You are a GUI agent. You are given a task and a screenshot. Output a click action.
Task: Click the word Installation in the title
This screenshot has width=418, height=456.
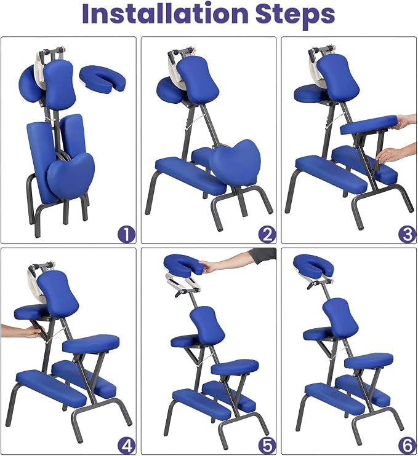pos(165,14)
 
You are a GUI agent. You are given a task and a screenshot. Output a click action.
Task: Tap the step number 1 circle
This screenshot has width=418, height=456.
pos(127,234)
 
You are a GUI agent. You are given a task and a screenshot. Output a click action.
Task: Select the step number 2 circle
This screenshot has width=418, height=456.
pos(267,234)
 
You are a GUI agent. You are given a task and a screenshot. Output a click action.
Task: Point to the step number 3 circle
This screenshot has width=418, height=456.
pos(407,234)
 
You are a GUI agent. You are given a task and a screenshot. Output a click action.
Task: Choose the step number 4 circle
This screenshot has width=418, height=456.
pos(127,445)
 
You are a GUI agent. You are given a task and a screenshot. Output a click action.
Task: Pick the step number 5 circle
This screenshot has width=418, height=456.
pos(267,445)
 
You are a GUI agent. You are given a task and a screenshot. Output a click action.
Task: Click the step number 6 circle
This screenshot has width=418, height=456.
pos(407,445)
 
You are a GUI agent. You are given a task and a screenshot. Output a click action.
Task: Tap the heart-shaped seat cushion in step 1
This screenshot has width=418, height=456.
pos(71,175)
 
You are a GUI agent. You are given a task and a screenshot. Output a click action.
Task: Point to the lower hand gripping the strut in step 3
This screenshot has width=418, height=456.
pos(396,152)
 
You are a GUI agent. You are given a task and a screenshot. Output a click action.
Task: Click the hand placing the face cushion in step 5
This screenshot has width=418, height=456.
pos(230,260)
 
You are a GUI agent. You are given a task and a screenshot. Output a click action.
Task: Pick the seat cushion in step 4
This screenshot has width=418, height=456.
pos(91,344)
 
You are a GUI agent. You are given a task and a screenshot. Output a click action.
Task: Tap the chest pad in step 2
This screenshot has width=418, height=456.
pos(198,76)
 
